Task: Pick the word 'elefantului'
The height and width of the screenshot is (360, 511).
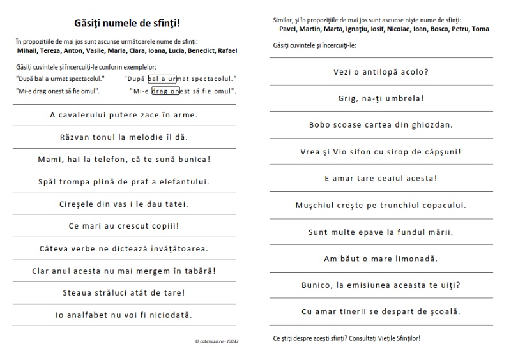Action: [x=185, y=181]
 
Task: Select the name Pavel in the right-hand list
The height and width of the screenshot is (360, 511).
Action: [x=290, y=29]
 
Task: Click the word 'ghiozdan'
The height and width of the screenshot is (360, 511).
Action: [x=432, y=125]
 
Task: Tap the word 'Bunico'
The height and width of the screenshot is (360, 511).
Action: [x=317, y=285]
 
